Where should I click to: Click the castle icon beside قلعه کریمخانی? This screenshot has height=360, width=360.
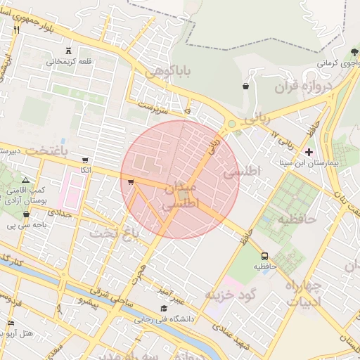(68, 51)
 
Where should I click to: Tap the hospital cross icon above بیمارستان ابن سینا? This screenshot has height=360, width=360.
(309, 152)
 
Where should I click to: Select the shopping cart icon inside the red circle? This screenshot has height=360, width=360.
(131, 183)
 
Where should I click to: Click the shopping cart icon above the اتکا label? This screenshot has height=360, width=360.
(85, 160)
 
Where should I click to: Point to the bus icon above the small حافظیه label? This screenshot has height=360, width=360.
(265, 256)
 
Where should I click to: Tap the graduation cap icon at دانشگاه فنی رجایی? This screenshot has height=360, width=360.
(164, 308)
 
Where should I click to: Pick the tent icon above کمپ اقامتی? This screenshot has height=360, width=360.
(26, 181)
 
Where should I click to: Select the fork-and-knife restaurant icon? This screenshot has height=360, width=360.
(16, 30)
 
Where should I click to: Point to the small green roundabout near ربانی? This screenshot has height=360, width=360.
(231, 124)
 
